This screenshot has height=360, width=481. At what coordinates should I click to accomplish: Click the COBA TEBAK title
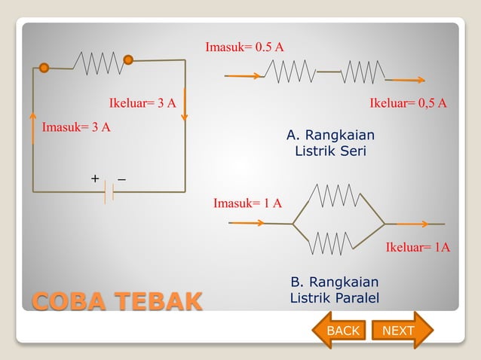click(117, 301)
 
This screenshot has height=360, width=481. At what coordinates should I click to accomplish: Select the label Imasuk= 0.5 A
click(244, 47)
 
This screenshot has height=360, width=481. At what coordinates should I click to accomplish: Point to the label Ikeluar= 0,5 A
click(408, 103)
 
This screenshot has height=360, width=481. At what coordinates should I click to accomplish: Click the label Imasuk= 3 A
click(76, 127)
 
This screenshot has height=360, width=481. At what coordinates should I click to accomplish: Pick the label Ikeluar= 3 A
click(142, 103)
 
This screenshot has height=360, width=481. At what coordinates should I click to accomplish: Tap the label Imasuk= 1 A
click(247, 203)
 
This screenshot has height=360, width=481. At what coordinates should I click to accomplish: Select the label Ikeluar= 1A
click(418, 247)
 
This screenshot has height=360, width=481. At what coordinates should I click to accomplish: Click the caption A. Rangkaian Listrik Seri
click(330, 143)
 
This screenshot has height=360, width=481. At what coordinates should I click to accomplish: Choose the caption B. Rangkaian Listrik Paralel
click(334, 290)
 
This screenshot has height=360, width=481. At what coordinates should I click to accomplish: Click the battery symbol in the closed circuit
click(109, 192)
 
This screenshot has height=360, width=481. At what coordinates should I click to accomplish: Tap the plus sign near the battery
click(95, 178)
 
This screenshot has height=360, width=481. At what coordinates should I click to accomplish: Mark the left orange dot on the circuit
click(44, 68)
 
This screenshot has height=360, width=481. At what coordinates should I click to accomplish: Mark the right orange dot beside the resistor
click(128, 59)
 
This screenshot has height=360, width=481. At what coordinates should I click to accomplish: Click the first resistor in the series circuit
click(290, 72)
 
